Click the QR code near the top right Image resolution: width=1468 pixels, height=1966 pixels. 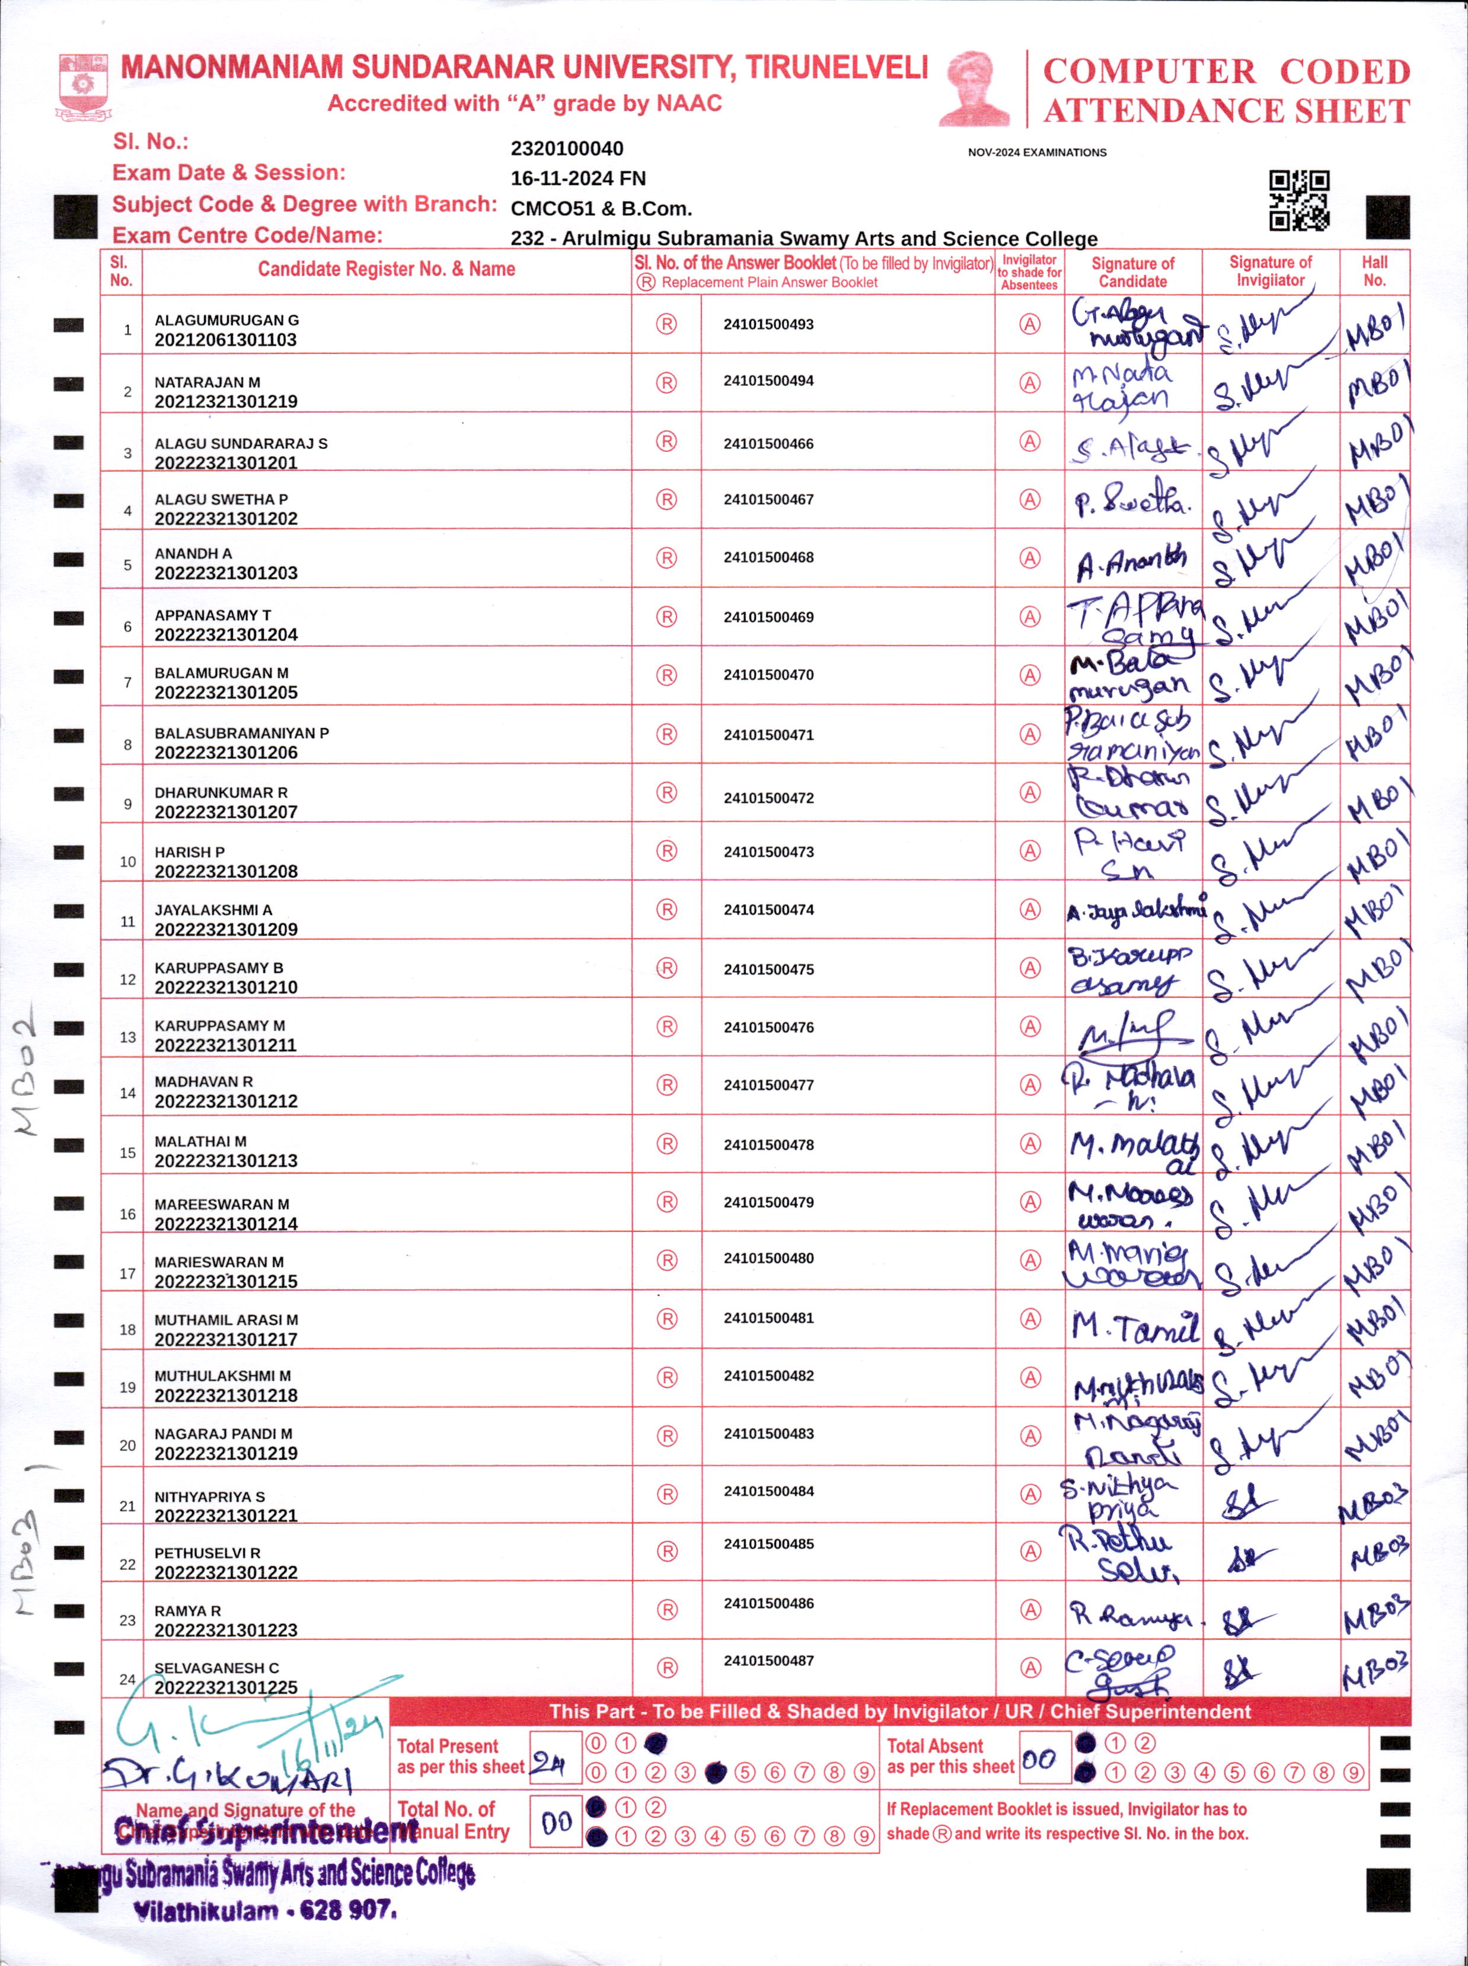click(x=1298, y=201)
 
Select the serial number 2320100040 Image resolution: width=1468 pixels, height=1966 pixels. click(x=567, y=148)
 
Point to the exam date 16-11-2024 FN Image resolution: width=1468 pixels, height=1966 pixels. click(x=577, y=178)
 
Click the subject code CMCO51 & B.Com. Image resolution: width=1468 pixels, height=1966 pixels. click(x=601, y=209)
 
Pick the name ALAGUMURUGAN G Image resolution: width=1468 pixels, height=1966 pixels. click(x=226, y=320)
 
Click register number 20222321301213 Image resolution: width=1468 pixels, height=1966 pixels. click(x=226, y=1160)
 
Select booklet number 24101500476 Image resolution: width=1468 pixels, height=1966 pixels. click(x=768, y=1027)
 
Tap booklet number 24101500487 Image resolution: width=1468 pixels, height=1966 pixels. click(x=768, y=1661)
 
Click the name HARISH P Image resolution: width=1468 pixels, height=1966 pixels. click(x=189, y=852)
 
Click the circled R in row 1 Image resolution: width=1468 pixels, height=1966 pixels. click(x=666, y=324)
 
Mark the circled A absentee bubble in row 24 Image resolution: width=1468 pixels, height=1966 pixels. click(x=1029, y=1668)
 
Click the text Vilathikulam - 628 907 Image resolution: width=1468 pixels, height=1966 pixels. click(x=265, y=1911)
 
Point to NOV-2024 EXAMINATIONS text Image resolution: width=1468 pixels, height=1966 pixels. click(x=1037, y=153)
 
